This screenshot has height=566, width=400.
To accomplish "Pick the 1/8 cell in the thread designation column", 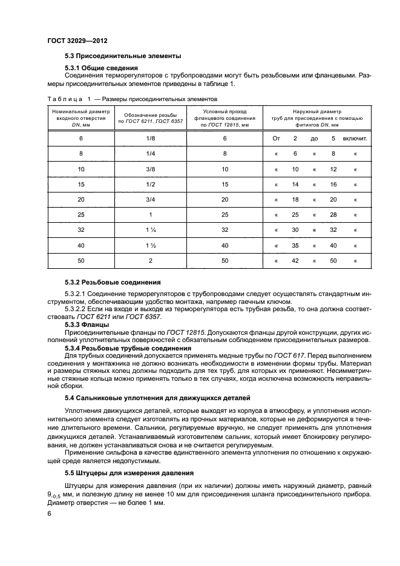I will coord(146,139).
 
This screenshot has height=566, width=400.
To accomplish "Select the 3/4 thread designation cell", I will coord(146,199).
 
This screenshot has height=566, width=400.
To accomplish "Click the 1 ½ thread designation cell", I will coord(146,245).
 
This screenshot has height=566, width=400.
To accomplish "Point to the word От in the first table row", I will coord(277,139).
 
